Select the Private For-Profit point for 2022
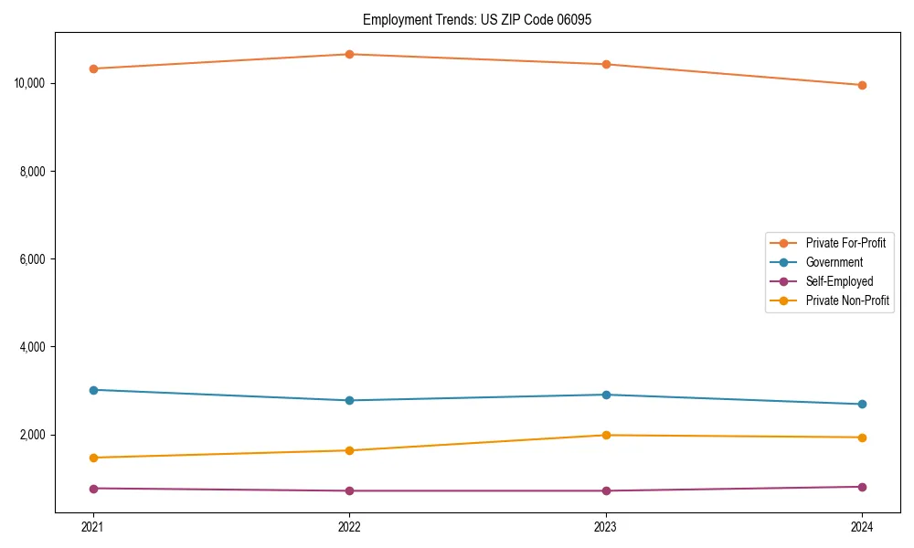coord(349,54)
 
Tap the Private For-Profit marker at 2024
coord(862,85)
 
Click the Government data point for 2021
coord(93,390)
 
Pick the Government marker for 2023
coord(606,395)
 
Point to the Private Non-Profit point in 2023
coord(606,435)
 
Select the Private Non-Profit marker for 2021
coord(93,458)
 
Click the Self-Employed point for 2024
coord(862,487)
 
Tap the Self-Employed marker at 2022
coord(349,490)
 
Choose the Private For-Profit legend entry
coord(845,243)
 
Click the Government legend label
coord(834,262)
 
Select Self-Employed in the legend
coord(839,281)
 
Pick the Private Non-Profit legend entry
coord(847,300)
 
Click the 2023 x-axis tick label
coord(606,526)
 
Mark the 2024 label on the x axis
coord(862,526)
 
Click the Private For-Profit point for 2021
coord(93,68)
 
